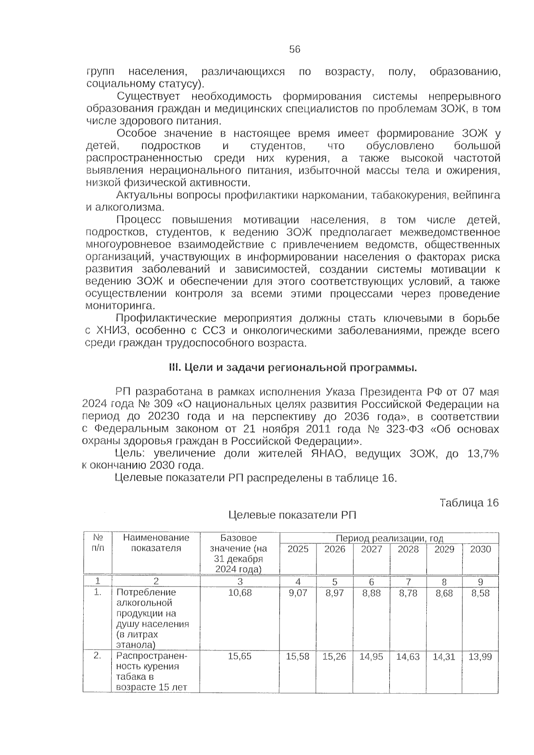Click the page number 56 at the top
pyautogui.click(x=295, y=49)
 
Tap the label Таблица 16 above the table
pyautogui.click(x=469, y=503)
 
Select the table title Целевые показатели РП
pyautogui.click(x=292, y=515)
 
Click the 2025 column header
pyautogui.click(x=298, y=549)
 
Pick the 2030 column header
pyautogui.click(x=480, y=549)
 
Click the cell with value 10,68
pyautogui.click(x=240, y=593)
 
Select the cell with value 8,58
pyautogui.click(x=480, y=593)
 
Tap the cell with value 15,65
pyautogui.click(x=240, y=656)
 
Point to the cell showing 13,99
pyautogui.click(x=480, y=656)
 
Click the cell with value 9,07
pyautogui.click(x=298, y=593)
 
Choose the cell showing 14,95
pyautogui.click(x=371, y=656)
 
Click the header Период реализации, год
pyautogui.click(x=389, y=538)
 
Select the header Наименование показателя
pyautogui.click(x=156, y=543)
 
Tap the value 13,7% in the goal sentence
pyautogui.click(x=483, y=454)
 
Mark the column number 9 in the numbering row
pyautogui.click(x=480, y=582)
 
